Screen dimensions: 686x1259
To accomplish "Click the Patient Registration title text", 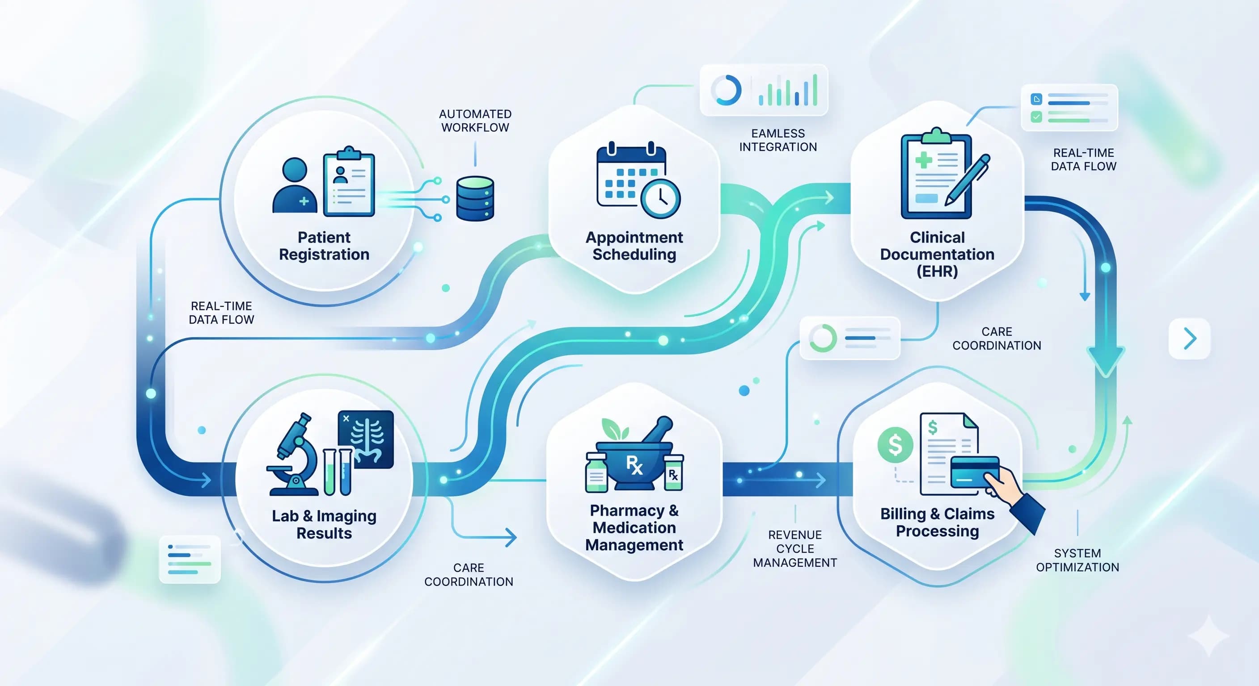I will click(x=324, y=246).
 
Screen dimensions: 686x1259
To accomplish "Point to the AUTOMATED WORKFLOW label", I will click(x=475, y=121).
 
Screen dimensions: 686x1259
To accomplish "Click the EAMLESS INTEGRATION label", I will click(x=777, y=140).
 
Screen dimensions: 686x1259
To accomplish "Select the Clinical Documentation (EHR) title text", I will click(x=937, y=254).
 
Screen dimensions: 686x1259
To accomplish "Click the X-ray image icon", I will click(x=366, y=439).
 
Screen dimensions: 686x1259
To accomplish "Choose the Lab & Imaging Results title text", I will click(x=324, y=524).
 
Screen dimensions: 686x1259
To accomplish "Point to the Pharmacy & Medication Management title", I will click(x=634, y=527).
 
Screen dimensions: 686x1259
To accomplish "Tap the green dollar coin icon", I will click(x=895, y=444).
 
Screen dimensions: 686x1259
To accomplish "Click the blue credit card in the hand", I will click(x=974, y=472).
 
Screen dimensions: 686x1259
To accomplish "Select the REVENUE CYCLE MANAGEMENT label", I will click(x=794, y=549).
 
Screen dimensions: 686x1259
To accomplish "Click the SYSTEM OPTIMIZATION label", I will click(x=1077, y=560).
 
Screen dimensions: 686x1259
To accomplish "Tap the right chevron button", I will click(x=1189, y=339).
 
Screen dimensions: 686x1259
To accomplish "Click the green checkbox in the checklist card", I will click(x=1035, y=117).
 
